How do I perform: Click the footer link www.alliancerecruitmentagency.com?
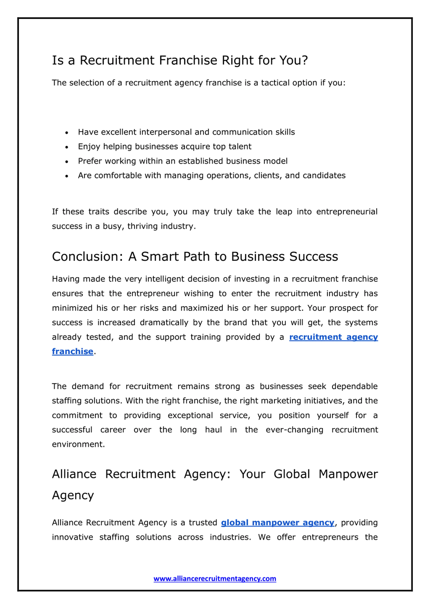215,578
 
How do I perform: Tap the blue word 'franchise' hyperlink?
72,351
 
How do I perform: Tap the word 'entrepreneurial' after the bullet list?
347,212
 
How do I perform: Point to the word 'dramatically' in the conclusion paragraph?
164,322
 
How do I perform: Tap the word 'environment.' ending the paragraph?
78,444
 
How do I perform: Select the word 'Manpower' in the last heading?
348,474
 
